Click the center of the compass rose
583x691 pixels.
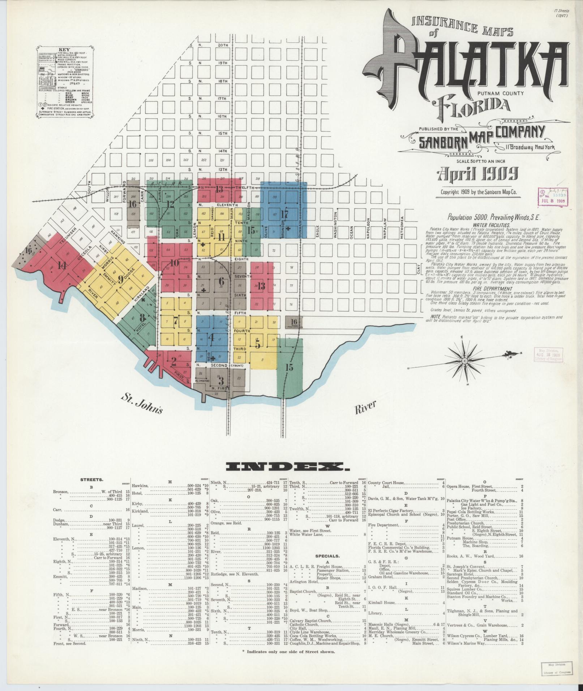point(466,360)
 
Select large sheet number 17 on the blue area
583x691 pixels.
point(284,214)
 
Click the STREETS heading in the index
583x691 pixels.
point(92,480)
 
